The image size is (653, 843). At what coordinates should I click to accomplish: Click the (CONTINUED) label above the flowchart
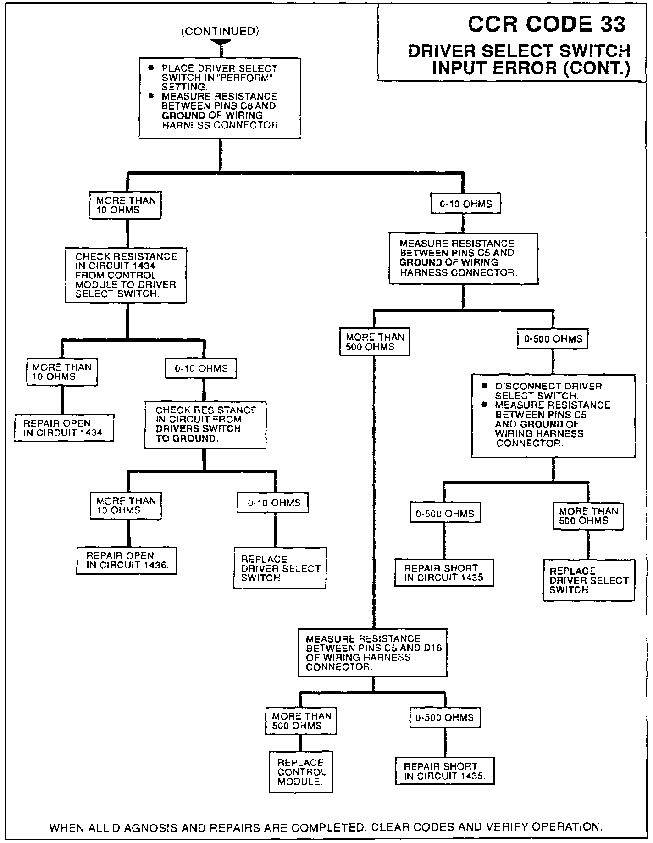tap(220, 31)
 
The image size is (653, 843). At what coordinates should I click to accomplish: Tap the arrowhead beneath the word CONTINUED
tap(221, 44)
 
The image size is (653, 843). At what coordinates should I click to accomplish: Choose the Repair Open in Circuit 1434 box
tap(64, 428)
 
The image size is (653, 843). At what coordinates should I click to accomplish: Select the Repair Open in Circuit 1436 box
tap(127, 560)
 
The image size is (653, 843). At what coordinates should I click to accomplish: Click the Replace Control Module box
tap(300, 772)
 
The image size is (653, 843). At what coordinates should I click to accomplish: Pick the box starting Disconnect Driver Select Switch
tap(553, 416)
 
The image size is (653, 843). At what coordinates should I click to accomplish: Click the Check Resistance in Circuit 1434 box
tap(126, 275)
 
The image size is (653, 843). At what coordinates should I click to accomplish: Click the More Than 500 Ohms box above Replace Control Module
tap(300, 721)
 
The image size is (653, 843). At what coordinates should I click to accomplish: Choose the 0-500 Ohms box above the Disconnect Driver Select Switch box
tap(553, 339)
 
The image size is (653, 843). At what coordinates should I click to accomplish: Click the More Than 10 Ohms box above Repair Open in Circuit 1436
tap(126, 505)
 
